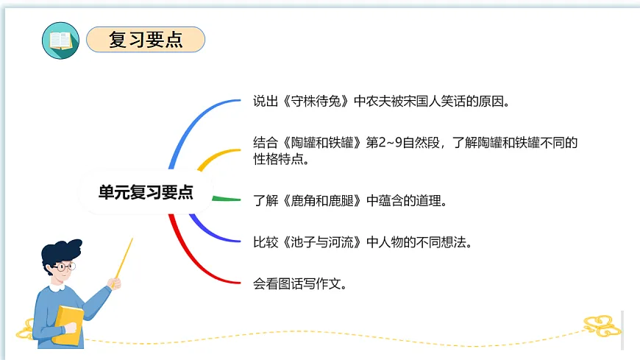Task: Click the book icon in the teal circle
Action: point(60,40)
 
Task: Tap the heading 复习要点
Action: point(146,40)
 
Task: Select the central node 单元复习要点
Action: point(146,192)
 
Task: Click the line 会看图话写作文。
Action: point(299,282)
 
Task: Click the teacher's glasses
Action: point(66,266)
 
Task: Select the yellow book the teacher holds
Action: point(70,324)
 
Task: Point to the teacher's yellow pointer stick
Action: point(124,258)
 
